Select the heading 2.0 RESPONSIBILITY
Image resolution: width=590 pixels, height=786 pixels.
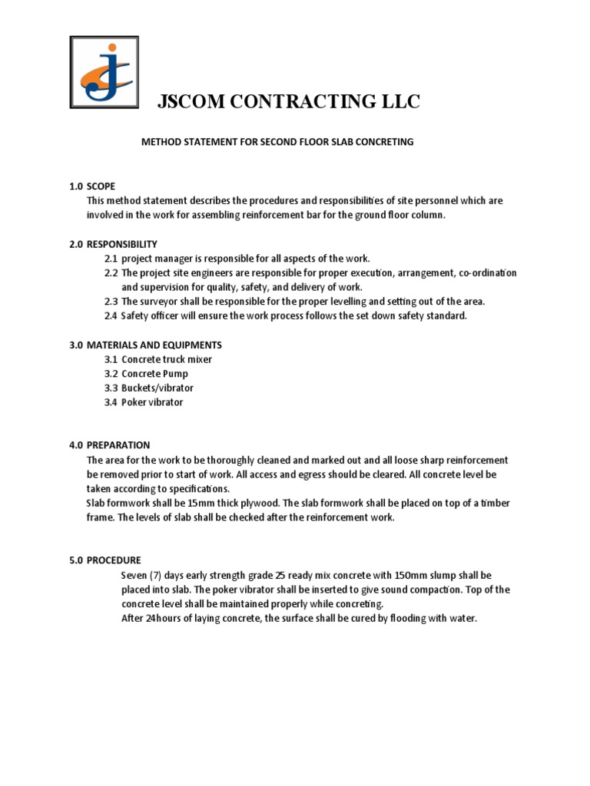pyautogui.click(x=113, y=244)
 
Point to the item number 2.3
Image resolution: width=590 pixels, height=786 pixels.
pyautogui.click(x=111, y=302)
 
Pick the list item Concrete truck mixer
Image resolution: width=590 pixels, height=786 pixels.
pyautogui.click(x=167, y=359)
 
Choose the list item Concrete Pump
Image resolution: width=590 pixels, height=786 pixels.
pyautogui.click(x=154, y=374)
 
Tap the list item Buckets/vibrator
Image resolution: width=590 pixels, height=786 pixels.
pyautogui.click(x=157, y=388)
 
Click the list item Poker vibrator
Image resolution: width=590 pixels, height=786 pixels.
pyautogui.click(x=152, y=402)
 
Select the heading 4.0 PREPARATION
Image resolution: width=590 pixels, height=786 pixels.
pyautogui.click(x=109, y=445)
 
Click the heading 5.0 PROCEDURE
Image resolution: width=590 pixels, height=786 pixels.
pyautogui.click(x=105, y=560)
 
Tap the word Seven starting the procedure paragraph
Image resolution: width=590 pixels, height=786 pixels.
pyautogui.click(x=135, y=575)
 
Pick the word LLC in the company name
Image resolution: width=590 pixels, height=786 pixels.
pyautogui.click(x=398, y=102)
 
